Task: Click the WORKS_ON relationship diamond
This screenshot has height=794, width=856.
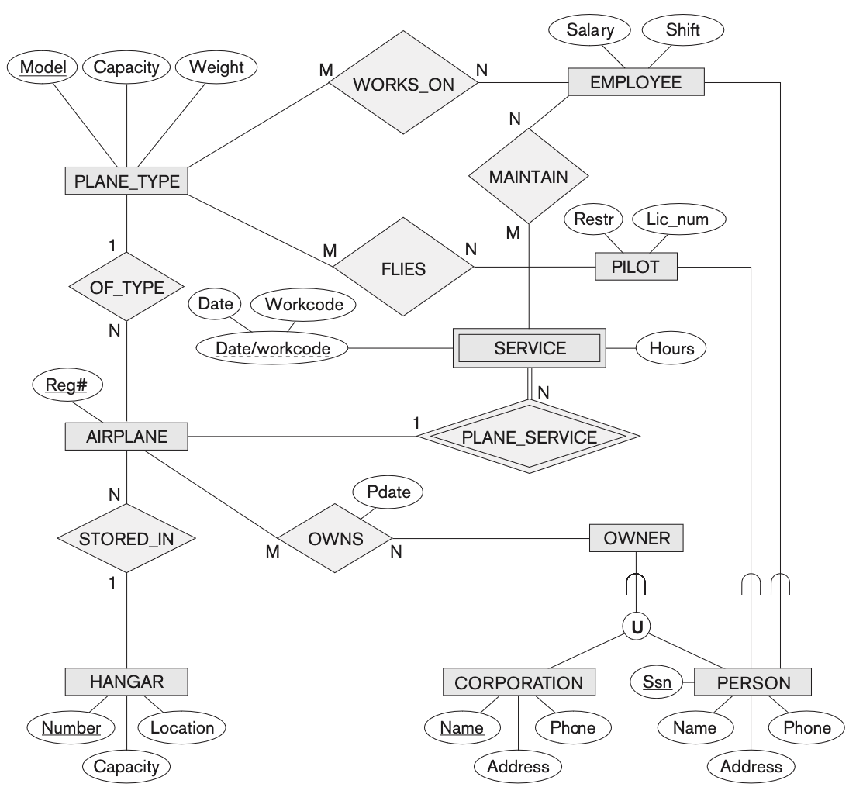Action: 402,85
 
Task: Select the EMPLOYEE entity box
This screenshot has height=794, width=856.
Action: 636,83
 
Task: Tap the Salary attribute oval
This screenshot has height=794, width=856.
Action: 590,31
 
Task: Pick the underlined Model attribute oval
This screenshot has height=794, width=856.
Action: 43,67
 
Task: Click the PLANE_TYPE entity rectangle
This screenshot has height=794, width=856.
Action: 126,182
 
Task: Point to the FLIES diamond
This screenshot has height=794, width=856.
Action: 403,268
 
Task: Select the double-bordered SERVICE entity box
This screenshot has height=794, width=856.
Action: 530,348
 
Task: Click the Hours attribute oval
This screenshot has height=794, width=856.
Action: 671,348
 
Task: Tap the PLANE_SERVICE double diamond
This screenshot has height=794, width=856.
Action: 529,437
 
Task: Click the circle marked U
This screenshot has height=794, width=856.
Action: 637,626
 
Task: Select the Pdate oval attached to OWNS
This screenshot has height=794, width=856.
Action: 388,491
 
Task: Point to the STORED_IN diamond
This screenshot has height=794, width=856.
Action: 126,538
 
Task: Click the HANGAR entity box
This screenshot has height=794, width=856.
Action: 126,682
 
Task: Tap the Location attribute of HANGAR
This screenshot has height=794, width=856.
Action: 181,727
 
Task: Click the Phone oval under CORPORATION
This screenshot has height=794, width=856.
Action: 572,727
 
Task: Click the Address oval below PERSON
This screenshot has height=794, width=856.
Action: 751,766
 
